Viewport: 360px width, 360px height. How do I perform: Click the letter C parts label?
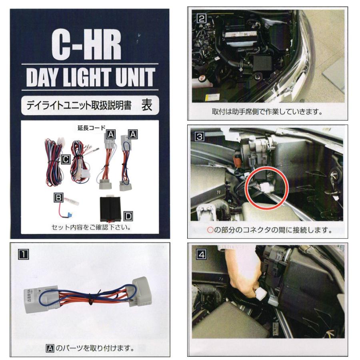click(x=66, y=160)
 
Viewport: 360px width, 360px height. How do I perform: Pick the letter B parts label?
click(x=59, y=197)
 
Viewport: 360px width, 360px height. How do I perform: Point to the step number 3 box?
click(x=201, y=136)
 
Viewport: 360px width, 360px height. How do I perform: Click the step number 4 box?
click(x=201, y=253)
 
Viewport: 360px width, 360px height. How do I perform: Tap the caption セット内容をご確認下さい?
click(x=92, y=227)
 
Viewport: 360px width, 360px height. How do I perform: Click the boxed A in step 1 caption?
click(x=50, y=348)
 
